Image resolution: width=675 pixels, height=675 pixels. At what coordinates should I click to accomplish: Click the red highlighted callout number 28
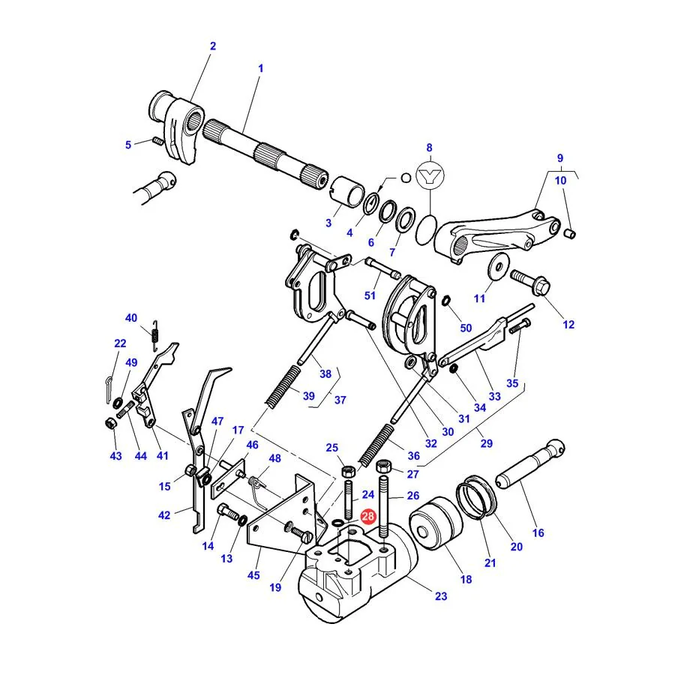pos(368,516)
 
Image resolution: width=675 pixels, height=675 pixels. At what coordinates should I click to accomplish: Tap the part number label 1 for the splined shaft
pos(260,68)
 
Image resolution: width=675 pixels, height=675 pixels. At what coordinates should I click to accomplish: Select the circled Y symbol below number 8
pos(430,175)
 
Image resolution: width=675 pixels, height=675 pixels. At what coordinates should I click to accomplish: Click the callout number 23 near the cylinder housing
pos(441,595)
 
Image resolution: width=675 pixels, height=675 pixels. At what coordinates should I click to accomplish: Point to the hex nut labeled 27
pos(384,466)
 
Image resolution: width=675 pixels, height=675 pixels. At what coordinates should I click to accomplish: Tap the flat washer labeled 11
pos(499,266)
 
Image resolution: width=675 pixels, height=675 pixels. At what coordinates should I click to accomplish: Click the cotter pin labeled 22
pos(109,389)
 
